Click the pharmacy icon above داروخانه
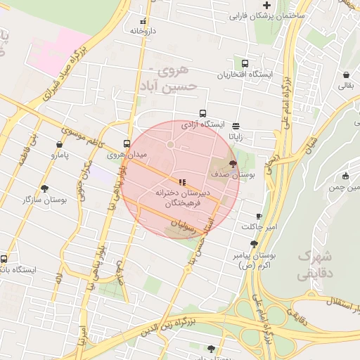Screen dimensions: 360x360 pyautogui.click(x=143, y=21)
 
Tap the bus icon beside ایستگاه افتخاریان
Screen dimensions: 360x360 pyautogui.click(x=245, y=63)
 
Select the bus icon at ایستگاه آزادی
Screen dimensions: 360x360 pyautogui.click(x=203, y=113)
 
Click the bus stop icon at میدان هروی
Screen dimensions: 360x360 pyautogui.click(x=127, y=141)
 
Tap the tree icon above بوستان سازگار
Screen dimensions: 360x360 pyautogui.click(x=45, y=188)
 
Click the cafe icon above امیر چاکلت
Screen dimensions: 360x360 pyautogui.click(x=259, y=216)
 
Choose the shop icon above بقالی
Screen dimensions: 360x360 pyautogui.click(x=347, y=75)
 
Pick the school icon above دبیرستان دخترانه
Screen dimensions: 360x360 pyautogui.click(x=183, y=182)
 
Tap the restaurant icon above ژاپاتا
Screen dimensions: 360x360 pyautogui.click(x=235, y=117)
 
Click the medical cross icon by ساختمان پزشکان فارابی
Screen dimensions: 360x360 pyautogui.click(x=266, y=5)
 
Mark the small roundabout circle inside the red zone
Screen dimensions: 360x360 pyautogui.click(x=170, y=145)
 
